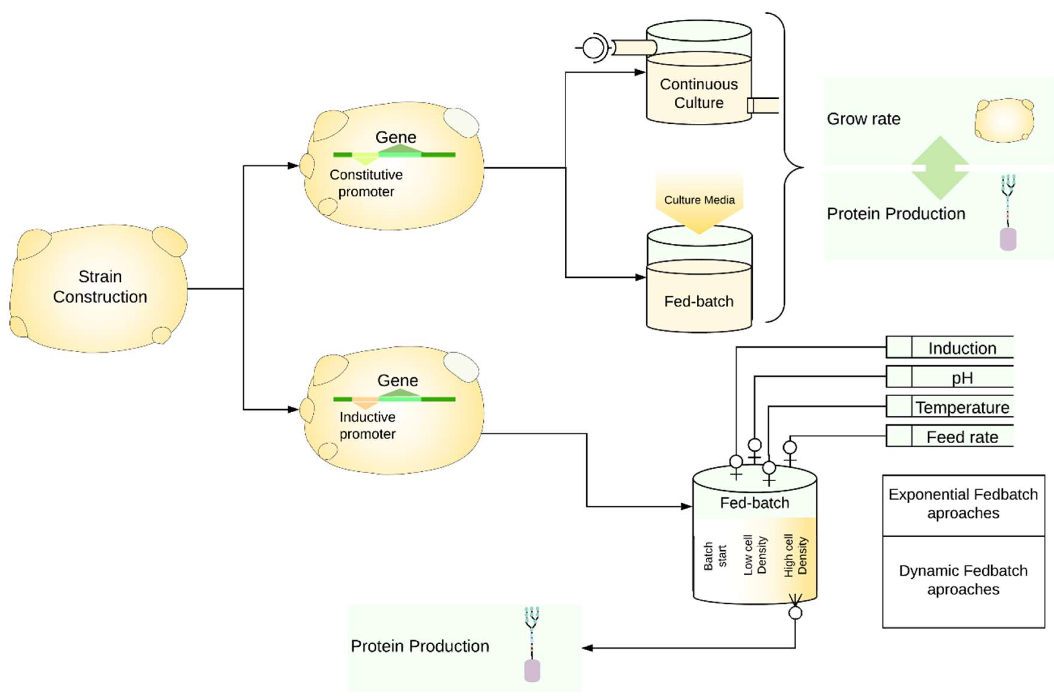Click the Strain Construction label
(100, 286)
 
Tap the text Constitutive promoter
(366, 183)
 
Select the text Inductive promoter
(367, 425)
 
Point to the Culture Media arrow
(699, 202)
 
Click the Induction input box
(950, 348)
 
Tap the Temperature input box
(950, 407)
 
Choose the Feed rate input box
(950, 437)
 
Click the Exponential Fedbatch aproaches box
(963, 504)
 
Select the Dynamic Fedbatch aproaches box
(963, 580)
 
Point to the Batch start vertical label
(715, 556)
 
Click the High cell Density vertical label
(796, 556)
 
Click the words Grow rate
(863, 119)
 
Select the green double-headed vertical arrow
(940, 168)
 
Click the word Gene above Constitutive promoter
(395, 137)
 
